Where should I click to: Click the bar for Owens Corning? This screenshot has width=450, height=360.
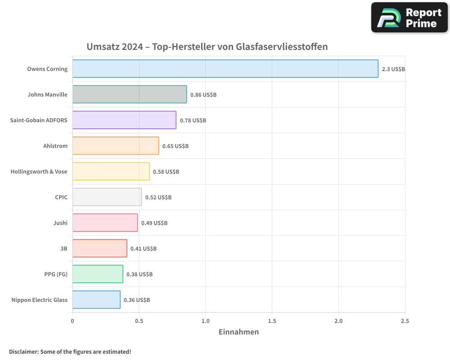[225, 69]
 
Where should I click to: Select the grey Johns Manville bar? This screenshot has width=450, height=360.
[129, 94]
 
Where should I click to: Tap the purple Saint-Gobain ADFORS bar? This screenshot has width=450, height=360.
[124, 120]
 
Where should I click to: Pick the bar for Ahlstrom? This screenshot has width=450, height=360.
[116, 146]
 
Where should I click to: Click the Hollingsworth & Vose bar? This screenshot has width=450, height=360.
[111, 171]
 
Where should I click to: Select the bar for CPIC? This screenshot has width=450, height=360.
[107, 197]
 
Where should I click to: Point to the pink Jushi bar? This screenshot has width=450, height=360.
[105, 223]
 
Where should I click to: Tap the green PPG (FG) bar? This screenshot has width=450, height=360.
[98, 274]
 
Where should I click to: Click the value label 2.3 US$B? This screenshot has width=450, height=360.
[393, 69]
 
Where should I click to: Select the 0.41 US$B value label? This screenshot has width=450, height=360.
[144, 248]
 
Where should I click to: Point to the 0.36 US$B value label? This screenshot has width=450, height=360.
[137, 300]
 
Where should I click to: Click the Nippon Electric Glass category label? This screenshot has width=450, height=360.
[40, 300]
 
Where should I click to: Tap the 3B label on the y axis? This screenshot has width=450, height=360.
[63, 248]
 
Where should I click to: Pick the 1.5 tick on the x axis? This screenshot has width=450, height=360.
[272, 321]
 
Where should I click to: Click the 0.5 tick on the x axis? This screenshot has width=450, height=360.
[139, 321]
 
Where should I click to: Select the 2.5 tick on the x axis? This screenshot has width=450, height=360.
[405, 321]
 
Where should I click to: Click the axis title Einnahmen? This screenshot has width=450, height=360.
[238, 332]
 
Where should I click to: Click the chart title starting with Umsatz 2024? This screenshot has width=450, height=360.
[207, 47]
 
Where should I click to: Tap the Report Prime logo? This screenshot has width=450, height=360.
[409, 18]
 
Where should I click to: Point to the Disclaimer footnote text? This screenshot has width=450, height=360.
[70, 351]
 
